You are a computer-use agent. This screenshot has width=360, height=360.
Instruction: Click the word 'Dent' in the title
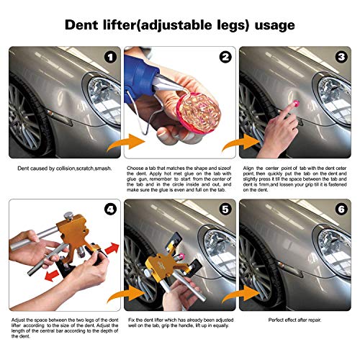tap(85, 25)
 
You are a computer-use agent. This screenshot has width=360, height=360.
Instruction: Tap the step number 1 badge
tap(109, 57)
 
